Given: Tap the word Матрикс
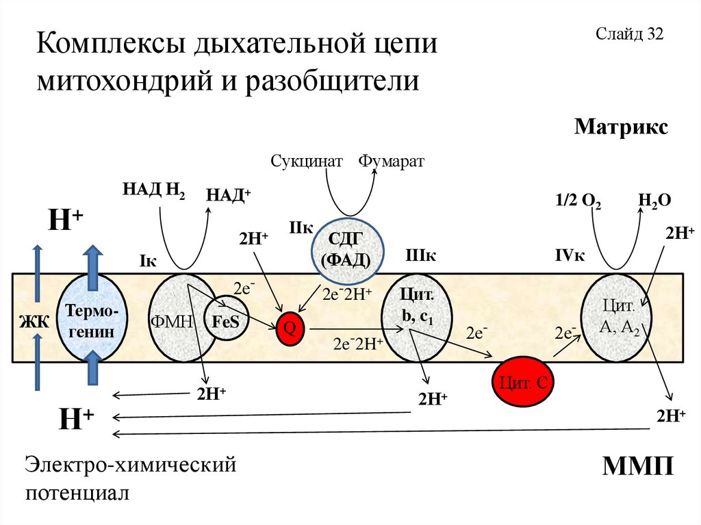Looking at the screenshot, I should pyautogui.click(x=621, y=127).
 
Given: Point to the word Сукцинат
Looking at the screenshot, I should pyautogui.click(x=306, y=162).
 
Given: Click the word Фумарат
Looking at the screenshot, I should pyautogui.click(x=392, y=162).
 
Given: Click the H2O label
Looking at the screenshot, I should pyautogui.click(x=654, y=201).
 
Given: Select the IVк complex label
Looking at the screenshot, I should pyautogui.click(x=570, y=256).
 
